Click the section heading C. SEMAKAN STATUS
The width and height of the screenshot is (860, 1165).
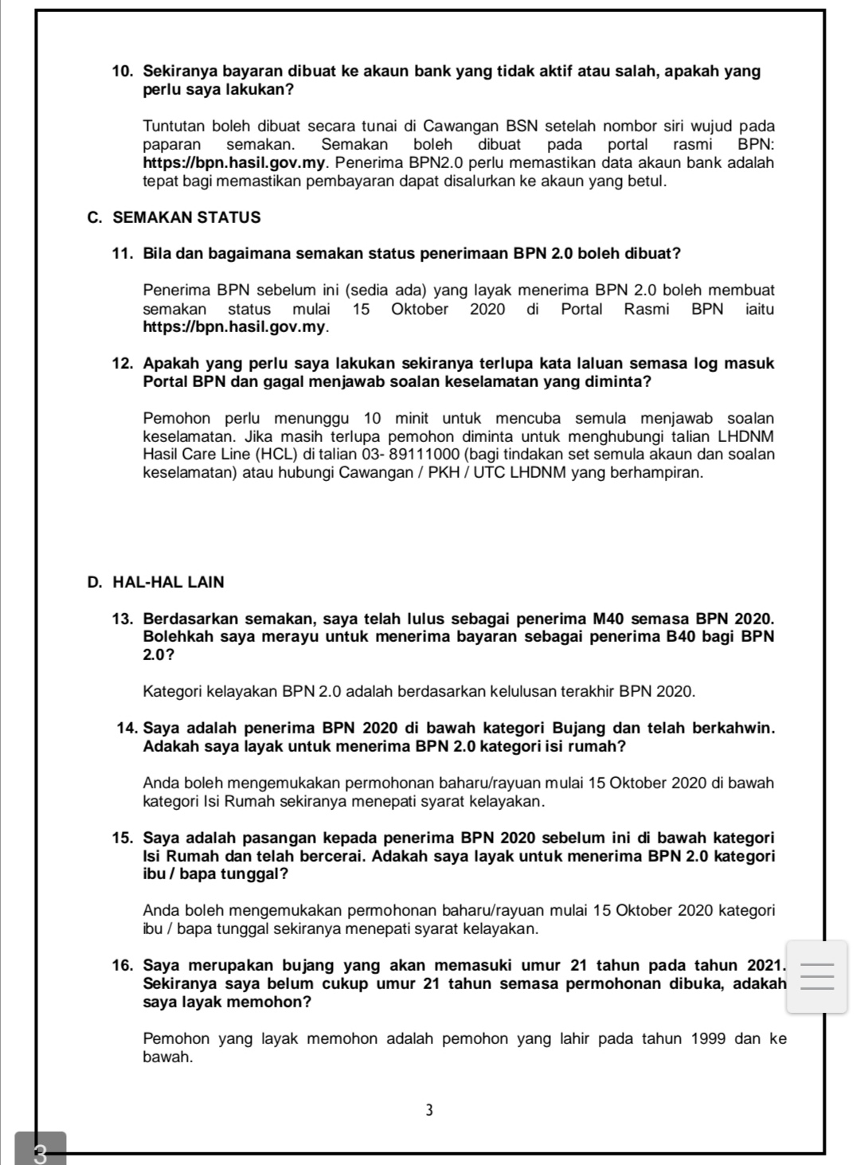(174, 217)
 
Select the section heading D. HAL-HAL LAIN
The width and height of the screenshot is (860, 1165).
(157, 582)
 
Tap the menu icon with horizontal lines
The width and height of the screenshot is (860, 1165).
(816, 977)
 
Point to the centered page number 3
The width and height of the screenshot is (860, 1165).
(429, 1110)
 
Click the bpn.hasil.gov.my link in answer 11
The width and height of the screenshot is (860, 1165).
(236, 327)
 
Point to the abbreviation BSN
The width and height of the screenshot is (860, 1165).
(521, 126)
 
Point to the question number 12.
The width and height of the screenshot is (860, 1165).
(123, 364)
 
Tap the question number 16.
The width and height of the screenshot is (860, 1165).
(123, 966)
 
